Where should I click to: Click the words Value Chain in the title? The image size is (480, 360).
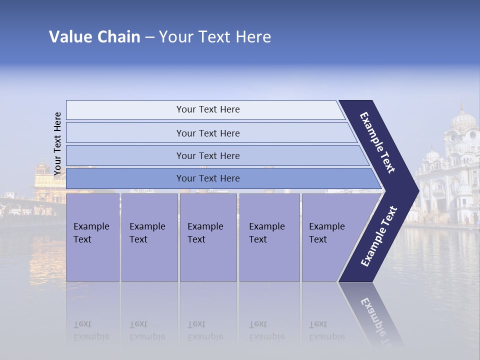pos(94,37)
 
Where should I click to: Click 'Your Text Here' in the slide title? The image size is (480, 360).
pos(215,37)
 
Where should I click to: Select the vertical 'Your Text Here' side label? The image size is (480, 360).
pos(58,143)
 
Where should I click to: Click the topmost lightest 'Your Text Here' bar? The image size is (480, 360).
pos(208,109)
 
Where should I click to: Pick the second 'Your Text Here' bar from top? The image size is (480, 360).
pos(208,133)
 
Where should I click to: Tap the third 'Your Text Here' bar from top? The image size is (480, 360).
pos(208,155)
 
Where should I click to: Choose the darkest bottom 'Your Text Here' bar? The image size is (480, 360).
pos(208,178)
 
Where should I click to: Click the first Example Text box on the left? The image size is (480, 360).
pos(92,237)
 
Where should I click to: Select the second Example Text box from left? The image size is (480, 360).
pos(149,237)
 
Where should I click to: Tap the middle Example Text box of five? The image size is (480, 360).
pos(208,237)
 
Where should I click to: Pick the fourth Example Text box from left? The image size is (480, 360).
pos(269,237)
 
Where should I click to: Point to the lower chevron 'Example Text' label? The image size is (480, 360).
pos(379,236)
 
